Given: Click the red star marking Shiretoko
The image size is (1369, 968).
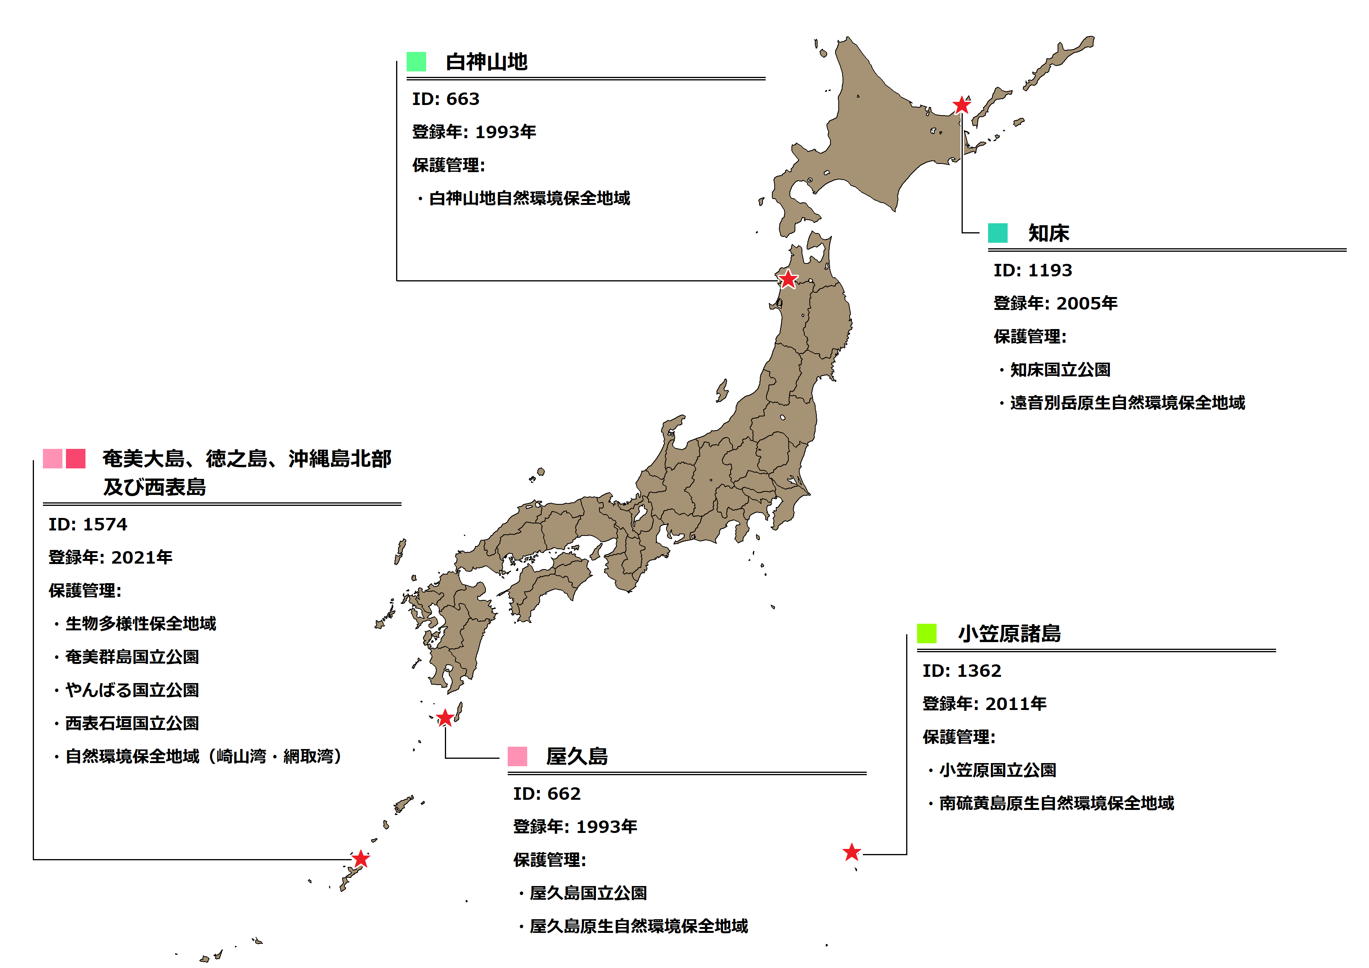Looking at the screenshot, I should (x=961, y=105).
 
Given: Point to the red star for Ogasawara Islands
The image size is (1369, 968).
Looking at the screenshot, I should (x=852, y=852).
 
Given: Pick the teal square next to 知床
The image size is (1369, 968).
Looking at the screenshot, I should (x=997, y=233).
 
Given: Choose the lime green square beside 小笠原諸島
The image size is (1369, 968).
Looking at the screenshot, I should (x=926, y=633).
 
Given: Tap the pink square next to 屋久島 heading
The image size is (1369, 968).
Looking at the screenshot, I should (x=517, y=756).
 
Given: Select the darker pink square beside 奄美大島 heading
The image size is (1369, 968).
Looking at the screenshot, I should (x=76, y=459).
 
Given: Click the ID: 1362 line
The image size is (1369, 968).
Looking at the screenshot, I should (x=962, y=671).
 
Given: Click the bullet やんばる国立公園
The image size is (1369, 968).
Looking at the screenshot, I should (x=132, y=690).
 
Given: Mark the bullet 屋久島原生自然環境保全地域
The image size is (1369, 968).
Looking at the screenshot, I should (x=638, y=926).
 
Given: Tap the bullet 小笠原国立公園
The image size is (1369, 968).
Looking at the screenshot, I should (x=997, y=770).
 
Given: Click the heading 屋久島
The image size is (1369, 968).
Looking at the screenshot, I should (x=576, y=757).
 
